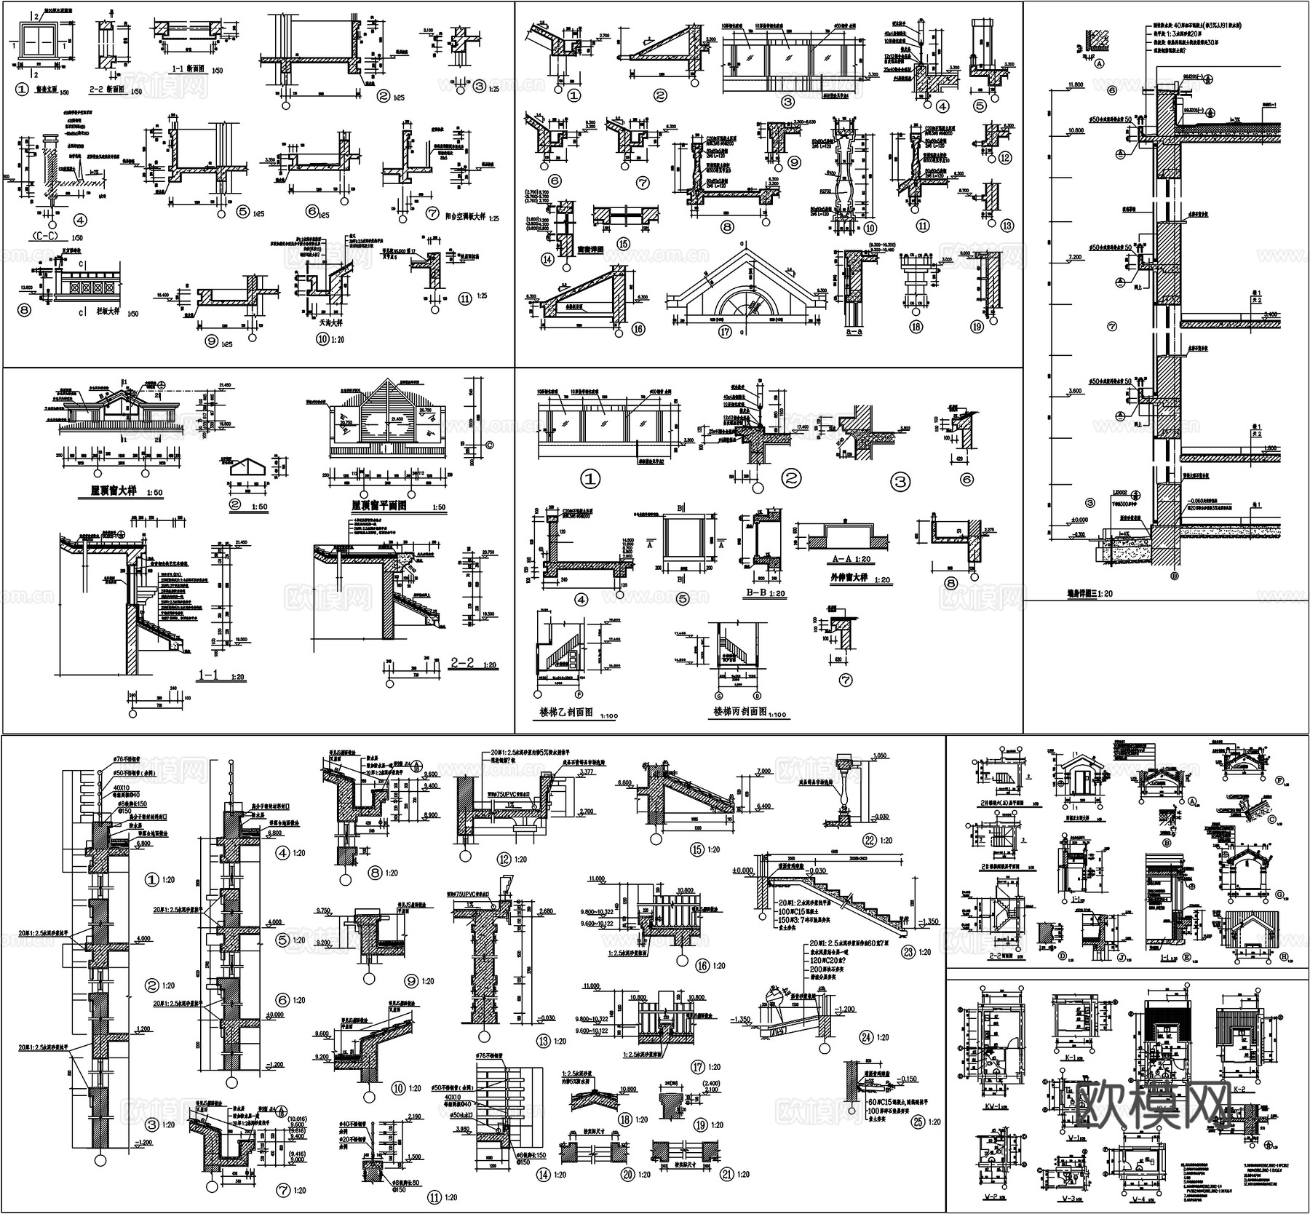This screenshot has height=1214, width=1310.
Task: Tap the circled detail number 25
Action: click(918, 1122)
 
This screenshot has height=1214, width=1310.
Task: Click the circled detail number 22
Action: click(868, 840)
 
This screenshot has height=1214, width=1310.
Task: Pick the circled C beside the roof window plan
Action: click(488, 445)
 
